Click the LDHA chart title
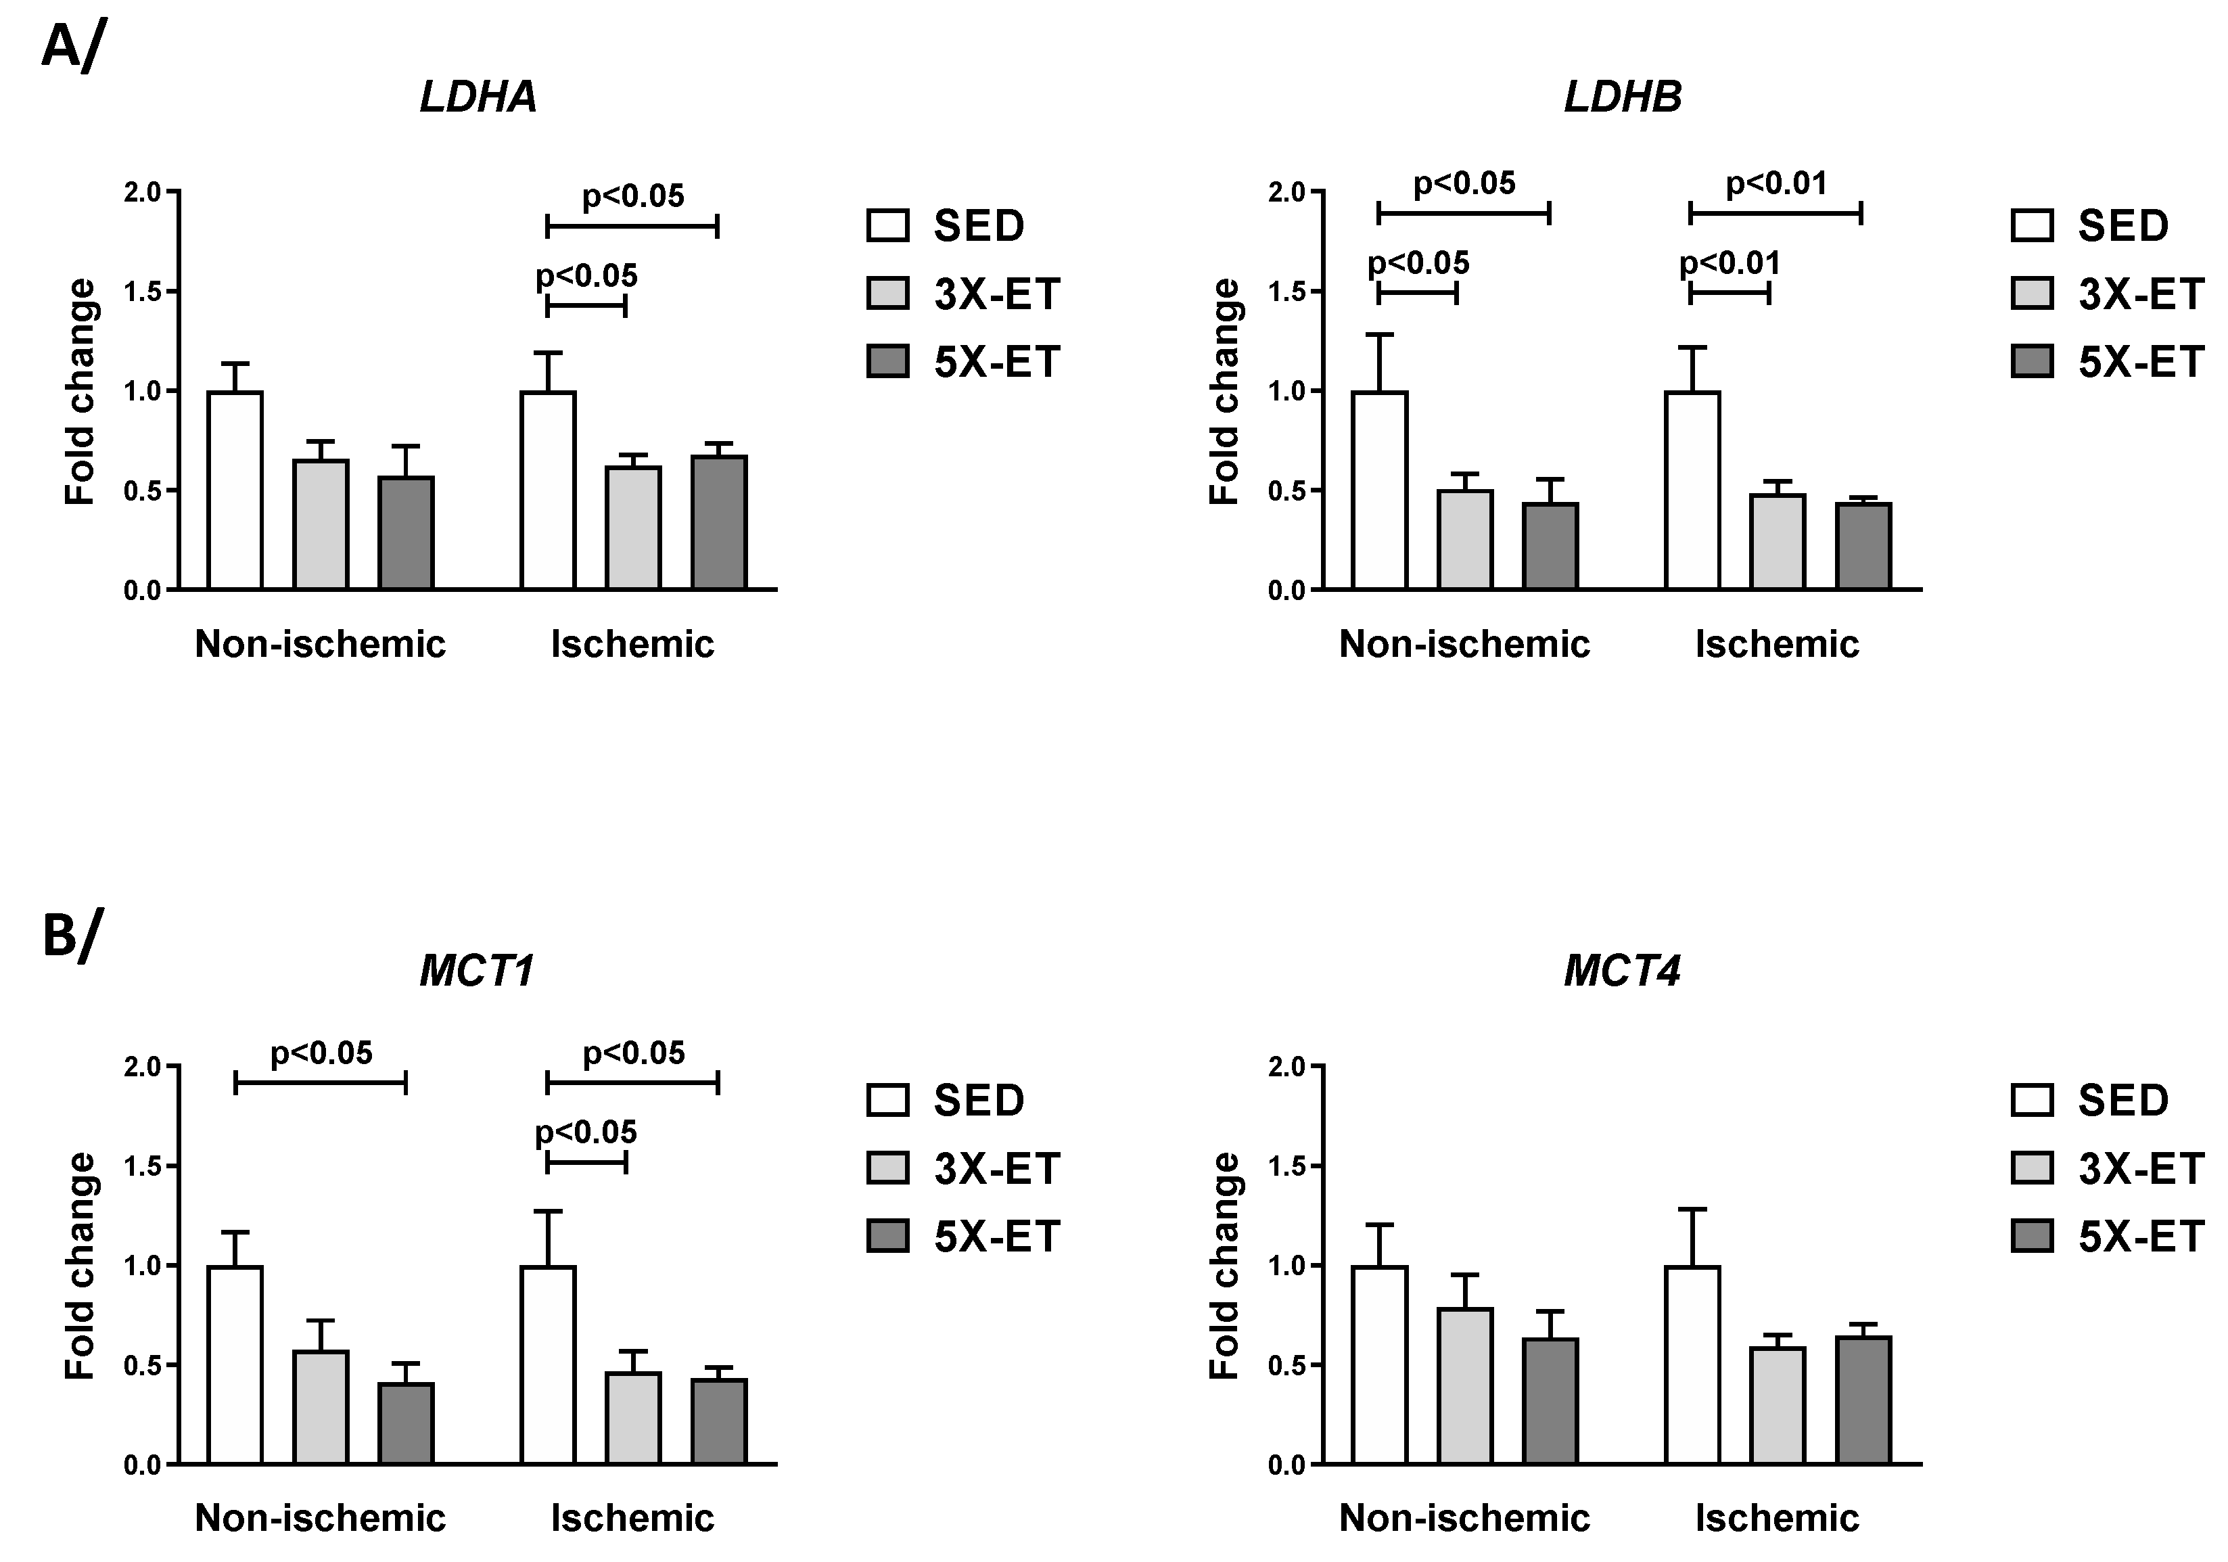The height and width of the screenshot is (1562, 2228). click(x=478, y=97)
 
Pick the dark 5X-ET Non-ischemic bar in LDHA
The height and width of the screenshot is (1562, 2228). click(x=406, y=533)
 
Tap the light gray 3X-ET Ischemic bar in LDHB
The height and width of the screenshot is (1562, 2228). click(x=1778, y=542)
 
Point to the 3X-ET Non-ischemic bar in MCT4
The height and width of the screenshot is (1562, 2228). click(x=1464, y=1386)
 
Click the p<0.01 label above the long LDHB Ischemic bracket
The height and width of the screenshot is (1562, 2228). click(x=1776, y=183)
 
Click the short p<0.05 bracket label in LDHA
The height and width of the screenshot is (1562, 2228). click(x=586, y=277)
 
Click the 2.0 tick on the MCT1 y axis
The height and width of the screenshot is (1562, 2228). click(x=143, y=1067)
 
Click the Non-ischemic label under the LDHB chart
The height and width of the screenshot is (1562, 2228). click(x=1464, y=643)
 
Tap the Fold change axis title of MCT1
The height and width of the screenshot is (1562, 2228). click(x=80, y=1266)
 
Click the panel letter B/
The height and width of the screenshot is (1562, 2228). click(x=71, y=935)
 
